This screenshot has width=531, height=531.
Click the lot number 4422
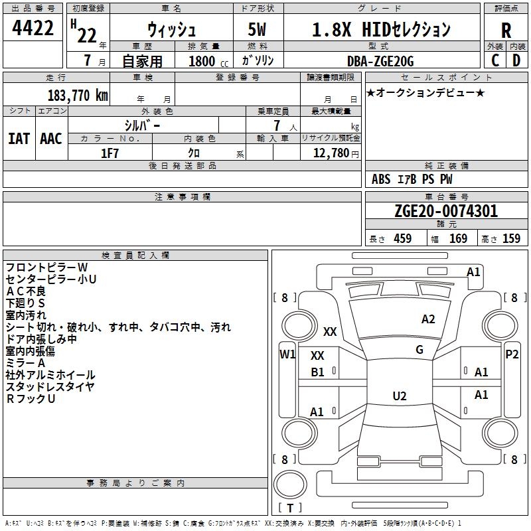click(33, 28)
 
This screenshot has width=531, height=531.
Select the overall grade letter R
click(506, 31)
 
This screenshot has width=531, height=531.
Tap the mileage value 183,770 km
click(78, 96)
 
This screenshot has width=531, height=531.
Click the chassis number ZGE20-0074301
click(446, 210)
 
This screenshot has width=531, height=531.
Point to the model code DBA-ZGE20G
click(380, 61)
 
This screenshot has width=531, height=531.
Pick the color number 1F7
click(110, 153)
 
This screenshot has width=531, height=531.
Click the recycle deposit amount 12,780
click(331, 153)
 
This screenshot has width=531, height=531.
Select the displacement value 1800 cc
click(208, 61)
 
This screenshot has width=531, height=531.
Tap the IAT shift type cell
click(19, 139)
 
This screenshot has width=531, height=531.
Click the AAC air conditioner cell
click(51, 139)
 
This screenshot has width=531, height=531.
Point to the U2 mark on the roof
click(400, 396)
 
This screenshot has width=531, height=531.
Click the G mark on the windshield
click(419, 350)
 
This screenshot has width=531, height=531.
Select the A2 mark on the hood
click(428, 319)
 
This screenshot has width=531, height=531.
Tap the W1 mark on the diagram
click(287, 354)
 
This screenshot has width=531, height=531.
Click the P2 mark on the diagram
click(512, 354)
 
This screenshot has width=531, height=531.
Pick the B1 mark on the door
click(317, 372)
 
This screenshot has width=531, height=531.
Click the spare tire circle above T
click(290, 485)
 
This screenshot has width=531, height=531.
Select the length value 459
click(403, 238)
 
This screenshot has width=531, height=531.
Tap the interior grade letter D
click(516, 60)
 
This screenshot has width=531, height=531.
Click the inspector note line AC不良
click(26, 291)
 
